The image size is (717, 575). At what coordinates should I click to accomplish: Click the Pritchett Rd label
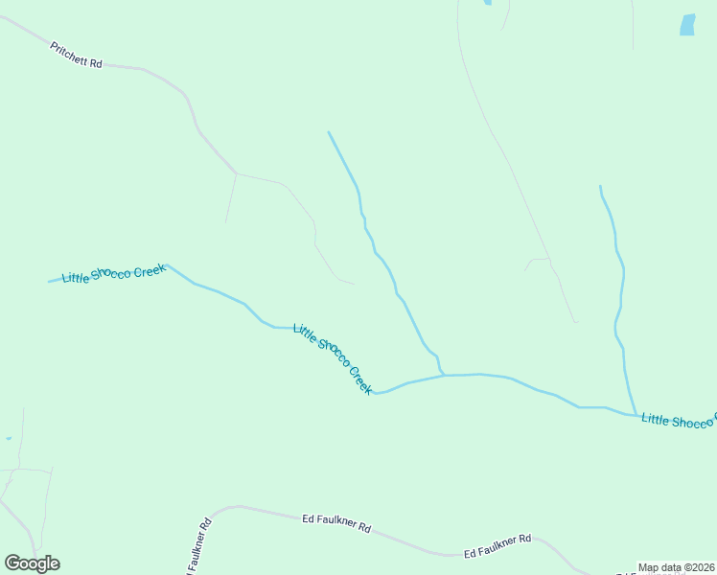pos(76,55)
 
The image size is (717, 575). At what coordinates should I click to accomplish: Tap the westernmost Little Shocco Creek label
pos(114,274)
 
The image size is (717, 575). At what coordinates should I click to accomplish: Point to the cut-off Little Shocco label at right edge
pos(679,421)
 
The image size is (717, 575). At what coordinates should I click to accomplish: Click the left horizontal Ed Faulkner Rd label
pos(335,522)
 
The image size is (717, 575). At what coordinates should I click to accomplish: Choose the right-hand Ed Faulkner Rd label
pos(497,547)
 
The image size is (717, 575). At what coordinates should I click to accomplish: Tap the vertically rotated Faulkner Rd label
pos(200,546)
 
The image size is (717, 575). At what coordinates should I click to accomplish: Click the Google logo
pos(32,563)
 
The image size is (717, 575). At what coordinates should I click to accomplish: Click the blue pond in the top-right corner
pos(687,25)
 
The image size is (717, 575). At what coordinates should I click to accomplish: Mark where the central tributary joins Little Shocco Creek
pos(443,375)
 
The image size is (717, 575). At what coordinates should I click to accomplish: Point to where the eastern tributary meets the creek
pos(636,415)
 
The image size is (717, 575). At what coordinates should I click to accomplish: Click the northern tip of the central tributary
pos(329,132)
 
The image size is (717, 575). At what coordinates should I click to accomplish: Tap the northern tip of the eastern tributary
pos(600,186)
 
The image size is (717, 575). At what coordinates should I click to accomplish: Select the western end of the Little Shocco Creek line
pos(50,282)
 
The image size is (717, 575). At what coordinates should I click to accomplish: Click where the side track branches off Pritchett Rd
pos(236,173)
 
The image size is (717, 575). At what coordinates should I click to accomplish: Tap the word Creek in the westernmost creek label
pos(150,270)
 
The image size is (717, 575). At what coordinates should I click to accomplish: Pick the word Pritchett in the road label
pos(69,53)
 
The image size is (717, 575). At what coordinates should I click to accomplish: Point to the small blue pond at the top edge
pos(487,3)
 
